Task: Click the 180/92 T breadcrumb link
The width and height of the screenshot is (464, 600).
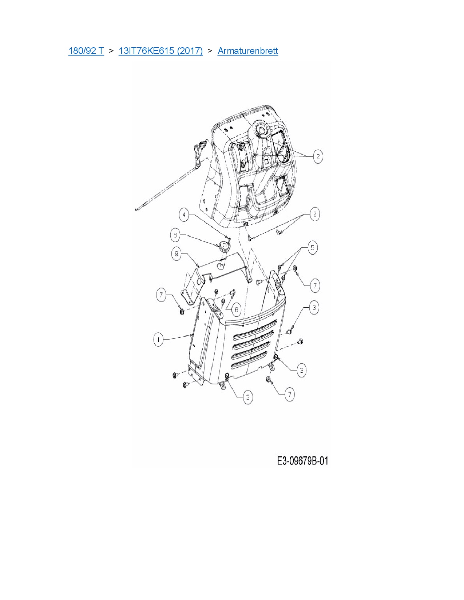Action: point(86,51)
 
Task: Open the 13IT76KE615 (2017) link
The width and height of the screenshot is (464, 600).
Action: point(160,51)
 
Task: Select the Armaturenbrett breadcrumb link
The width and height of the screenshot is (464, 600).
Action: point(247,51)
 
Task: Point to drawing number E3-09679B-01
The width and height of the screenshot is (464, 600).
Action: point(302,461)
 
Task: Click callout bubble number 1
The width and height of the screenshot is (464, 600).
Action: point(158,340)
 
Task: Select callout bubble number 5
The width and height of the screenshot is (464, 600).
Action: point(312,248)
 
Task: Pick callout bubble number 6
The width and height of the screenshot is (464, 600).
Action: point(236,309)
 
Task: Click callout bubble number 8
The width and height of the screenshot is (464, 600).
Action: point(175,235)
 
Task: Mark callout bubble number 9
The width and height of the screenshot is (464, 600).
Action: point(176,253)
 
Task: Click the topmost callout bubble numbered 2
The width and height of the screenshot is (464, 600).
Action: point(318,157)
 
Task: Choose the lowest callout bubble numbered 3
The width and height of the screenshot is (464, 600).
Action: point(248,397)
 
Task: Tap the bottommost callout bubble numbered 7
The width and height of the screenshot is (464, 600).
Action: point(289,394)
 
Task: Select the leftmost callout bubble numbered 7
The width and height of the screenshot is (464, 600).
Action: point(161,295)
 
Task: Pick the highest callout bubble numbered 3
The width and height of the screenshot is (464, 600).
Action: point(314,307)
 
